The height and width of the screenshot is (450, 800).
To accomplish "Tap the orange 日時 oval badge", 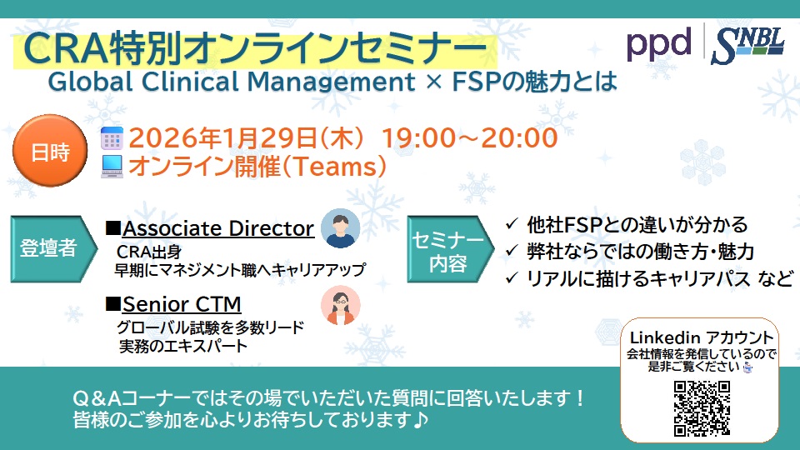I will (49, 152).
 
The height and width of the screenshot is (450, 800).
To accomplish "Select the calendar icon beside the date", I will (112, 137).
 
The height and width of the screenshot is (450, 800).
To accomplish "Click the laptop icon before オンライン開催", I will (112, 167).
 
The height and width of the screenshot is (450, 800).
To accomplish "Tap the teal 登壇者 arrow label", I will (48, 248).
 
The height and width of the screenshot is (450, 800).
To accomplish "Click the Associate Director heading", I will (218, 228).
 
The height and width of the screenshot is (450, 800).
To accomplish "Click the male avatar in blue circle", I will (340, 228).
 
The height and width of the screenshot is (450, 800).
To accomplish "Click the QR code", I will (702, 408).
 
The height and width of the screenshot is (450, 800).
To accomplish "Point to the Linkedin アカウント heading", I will (702, 337).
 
